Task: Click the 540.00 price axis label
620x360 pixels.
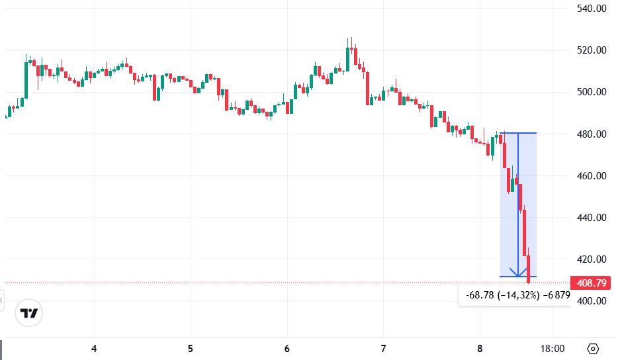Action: [x=592, y=9]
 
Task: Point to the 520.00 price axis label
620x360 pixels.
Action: [x=592, y=50]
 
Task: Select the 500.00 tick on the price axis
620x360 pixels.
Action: [x=592, y=92]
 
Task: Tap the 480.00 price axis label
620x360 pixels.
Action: [x=592, y=134]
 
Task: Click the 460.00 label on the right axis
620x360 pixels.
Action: [x=592, y=176]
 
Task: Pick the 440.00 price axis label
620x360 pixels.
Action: [x=592, y=217]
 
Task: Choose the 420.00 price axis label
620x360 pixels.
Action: [x=592, y=259]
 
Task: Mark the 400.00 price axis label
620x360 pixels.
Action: [x=592, y=300]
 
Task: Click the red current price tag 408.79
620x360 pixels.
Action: [x=592, y=283]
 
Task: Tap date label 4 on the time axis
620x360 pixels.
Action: [x=94, y=349]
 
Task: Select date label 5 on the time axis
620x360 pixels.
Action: [x=191, y=349]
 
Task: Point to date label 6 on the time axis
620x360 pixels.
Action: [x=287, y=349]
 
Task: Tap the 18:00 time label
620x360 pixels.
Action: [x=553, y=349]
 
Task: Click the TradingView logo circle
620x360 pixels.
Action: [x=29, y=313]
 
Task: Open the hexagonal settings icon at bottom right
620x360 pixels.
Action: [x=593, y=349]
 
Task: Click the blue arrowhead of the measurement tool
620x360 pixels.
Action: [x=518, y=272]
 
